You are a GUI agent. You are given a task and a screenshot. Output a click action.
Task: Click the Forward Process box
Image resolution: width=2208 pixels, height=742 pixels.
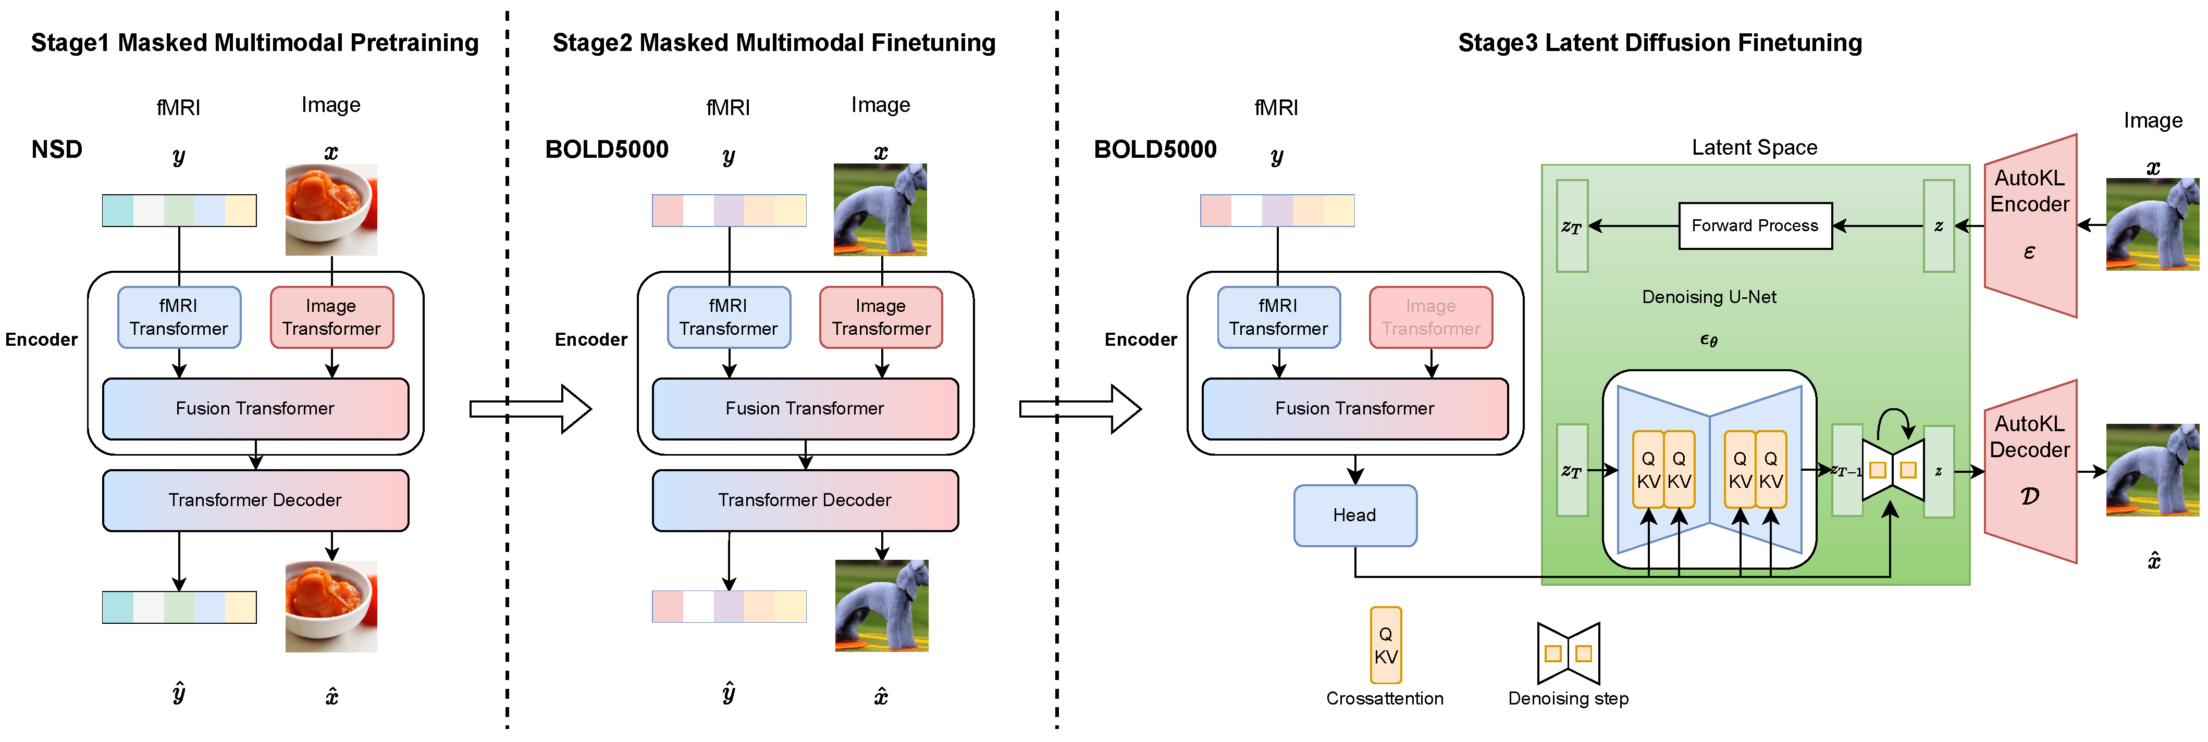(x=1755, y=225)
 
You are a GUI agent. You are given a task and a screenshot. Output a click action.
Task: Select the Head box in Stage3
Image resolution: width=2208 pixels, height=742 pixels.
(x=1354, y=515)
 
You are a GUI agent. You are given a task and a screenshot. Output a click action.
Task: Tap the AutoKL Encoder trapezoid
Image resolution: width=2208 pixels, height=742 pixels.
(x=2030, y=225)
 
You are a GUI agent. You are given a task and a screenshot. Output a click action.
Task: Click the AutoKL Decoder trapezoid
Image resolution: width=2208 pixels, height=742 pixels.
(x=2030, y=471)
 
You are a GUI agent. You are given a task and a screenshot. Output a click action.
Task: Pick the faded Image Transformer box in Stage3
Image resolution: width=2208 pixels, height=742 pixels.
(x=1430, y=317)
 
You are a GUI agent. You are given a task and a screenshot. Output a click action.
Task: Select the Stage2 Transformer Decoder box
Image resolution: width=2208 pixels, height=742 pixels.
(x=805, y=499)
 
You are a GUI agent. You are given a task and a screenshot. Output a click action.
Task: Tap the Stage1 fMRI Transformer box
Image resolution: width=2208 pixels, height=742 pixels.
(x=178, y=317)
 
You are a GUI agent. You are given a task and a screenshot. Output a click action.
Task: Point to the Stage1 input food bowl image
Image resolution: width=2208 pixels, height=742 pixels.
(x=331, y=210)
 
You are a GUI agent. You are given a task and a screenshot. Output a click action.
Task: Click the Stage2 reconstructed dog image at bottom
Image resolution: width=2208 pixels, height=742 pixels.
(x=881, y=606)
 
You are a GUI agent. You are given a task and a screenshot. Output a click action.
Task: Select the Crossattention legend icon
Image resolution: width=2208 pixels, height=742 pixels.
(x=1385, y=645)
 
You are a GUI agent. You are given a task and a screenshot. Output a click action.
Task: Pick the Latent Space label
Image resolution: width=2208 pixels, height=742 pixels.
(x=1754, y=147)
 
